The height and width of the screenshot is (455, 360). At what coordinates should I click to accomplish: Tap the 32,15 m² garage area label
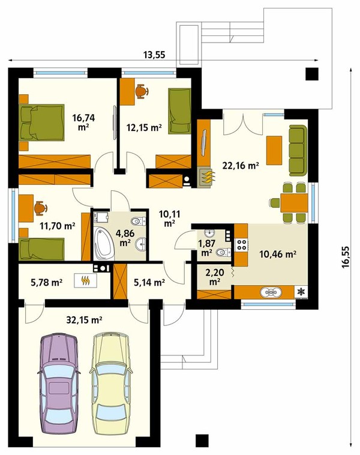[84, 320]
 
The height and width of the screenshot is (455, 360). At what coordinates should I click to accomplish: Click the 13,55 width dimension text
[154, 54]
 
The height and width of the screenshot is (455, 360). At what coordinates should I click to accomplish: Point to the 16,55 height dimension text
[346, 257]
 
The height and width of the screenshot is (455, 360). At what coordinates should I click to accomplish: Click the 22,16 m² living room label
[241, 166]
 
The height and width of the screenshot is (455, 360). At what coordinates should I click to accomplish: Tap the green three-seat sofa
[298, 150]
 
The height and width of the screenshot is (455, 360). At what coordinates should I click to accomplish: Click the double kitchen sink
[271, 292]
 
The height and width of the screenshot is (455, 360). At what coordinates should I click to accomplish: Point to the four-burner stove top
[242, 244]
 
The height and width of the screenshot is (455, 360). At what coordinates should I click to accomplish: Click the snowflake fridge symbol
[302, 292]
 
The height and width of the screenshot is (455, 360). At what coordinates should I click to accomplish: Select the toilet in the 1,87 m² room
[223, 252]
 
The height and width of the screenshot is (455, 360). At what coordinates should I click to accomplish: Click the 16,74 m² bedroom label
[83, 122]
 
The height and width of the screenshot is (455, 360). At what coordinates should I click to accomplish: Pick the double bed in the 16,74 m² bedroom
[41, 122]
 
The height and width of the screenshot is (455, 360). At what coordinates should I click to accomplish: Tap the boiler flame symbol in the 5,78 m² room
[85, 280]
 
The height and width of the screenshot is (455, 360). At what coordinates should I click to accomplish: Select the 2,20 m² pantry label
[214, 276]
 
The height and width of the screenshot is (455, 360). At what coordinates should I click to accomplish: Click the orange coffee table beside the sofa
[274, 150]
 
